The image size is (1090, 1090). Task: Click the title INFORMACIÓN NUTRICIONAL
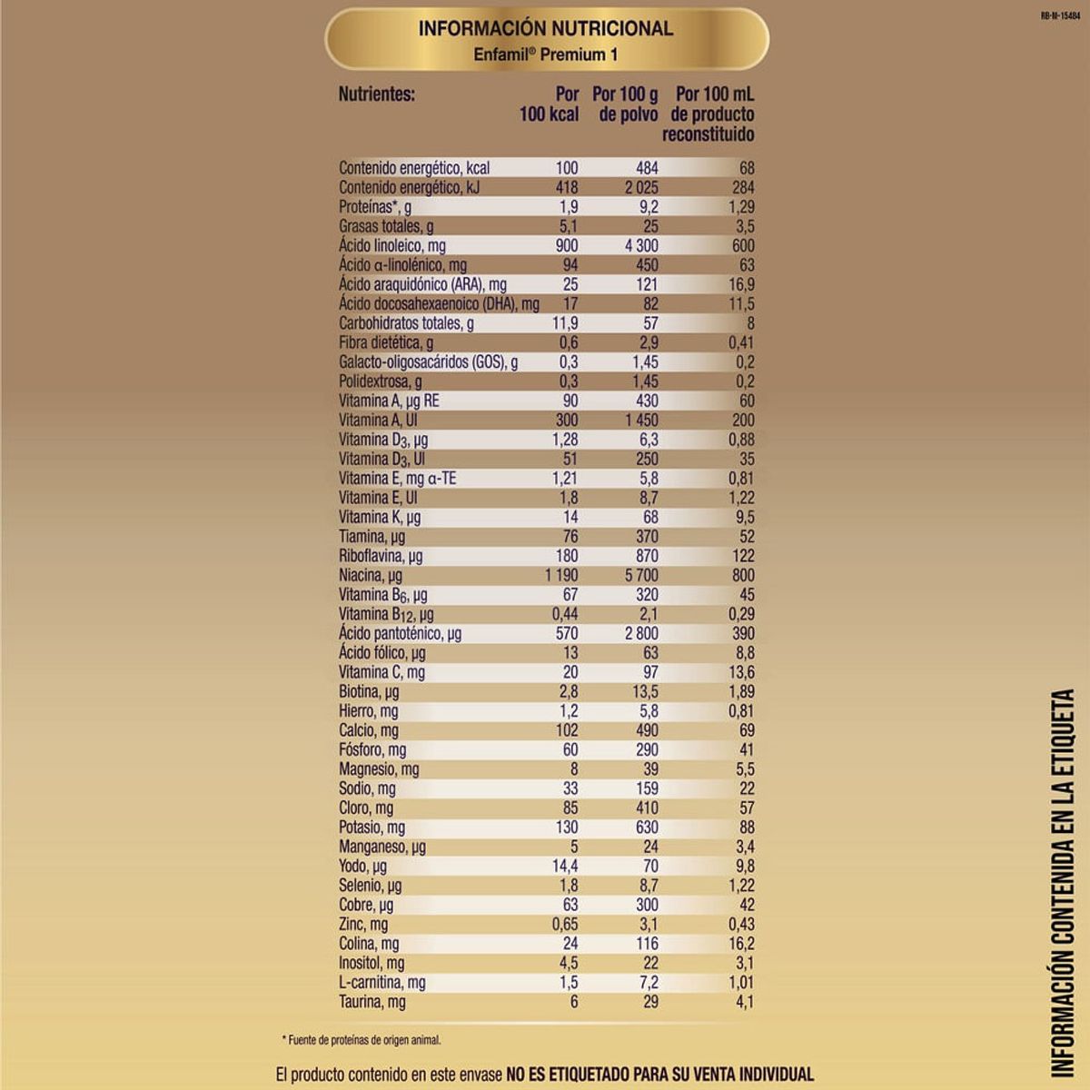click(546, 28)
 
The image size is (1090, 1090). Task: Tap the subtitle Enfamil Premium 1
click(546, 54)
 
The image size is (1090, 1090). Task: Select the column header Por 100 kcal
click(550, 104)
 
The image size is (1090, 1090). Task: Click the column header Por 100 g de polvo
click(626, 104)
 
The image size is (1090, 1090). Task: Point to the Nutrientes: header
click(376, 94)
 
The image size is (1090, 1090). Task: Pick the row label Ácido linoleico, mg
click(392, 245)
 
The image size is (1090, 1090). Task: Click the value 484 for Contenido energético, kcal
click(647, 168)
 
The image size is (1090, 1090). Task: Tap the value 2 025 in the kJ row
click(641, 187)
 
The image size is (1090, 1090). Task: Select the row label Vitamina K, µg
click(380, 517)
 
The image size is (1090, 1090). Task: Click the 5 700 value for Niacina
click(641, 575)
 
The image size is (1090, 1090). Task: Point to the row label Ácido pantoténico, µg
click(400, 633)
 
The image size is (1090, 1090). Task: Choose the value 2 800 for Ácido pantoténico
click(641, 633)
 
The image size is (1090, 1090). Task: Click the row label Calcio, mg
click(369, 730)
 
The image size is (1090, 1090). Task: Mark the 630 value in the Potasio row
click(647, 827)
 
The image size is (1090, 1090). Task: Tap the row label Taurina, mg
click(372, 1002)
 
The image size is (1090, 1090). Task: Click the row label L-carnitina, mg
click(382, 982)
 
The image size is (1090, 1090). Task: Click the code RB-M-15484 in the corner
click(1061, 15)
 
